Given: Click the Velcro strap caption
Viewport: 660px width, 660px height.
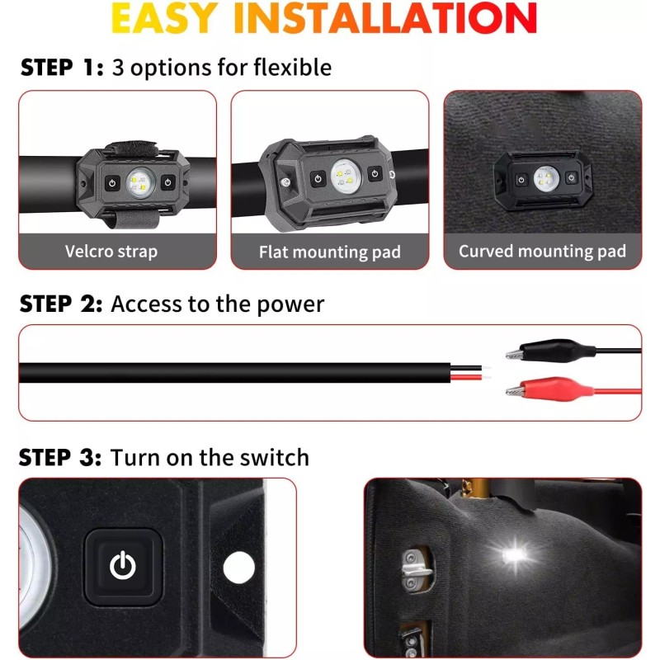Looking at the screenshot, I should click(x=111, y=251).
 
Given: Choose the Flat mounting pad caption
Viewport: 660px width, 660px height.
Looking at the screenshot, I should click(x=330, y=252).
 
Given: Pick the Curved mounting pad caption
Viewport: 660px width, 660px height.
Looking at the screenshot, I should click(x=542, y=251).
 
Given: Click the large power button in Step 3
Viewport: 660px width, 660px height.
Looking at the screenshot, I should click(x=123, y=565).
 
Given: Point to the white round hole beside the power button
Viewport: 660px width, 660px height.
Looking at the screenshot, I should click(x=239, y=567).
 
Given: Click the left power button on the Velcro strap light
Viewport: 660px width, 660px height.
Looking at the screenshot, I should click(x=110, y=181).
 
